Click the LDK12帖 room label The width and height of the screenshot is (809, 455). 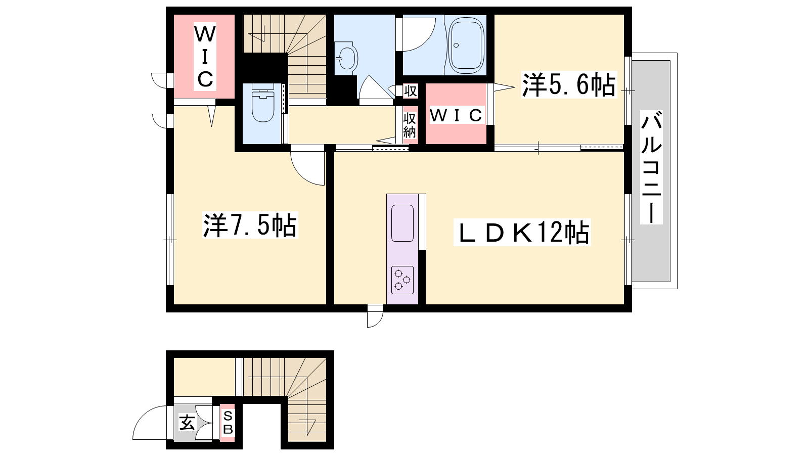pos(522,232)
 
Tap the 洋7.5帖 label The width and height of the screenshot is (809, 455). pos(250,225)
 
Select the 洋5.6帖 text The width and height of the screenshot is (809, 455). pos(569,85)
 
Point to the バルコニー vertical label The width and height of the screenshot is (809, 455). pos(651,167)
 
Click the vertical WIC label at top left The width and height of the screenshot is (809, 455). pos(205,57)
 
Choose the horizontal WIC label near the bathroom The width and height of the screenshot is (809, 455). pos(456,115)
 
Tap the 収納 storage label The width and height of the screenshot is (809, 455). pos(410,125)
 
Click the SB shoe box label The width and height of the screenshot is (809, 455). pos(228,423)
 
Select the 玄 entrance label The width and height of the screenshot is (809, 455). pos(187,423)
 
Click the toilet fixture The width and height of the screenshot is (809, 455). pos(262,103)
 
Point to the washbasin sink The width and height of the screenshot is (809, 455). pos(346,58)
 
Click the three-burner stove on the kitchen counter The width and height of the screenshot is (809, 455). pos(402,280)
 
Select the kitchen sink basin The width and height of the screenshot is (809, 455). pos(402,223)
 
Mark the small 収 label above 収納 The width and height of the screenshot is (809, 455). pos(410,90)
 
